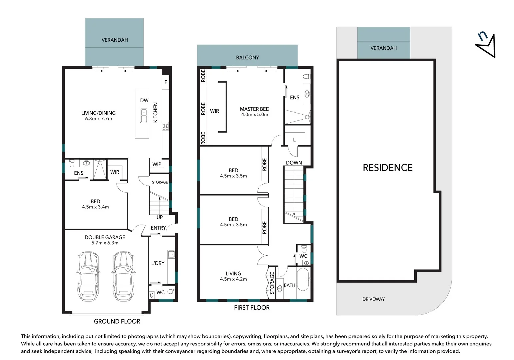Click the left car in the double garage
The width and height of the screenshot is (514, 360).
pos(88,276)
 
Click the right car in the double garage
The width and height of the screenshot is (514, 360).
pos(123,276)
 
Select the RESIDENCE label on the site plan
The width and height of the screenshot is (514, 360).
pos(387,168)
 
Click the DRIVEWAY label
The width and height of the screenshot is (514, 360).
pos(373,299)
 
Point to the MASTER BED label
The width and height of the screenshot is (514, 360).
pos(254,109)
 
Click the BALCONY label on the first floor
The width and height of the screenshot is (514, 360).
pos(247,58)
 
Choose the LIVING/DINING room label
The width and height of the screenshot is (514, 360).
pos(98,113)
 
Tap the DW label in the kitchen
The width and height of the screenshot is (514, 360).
pos(144,100)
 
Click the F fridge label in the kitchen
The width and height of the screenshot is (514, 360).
pos(166,82)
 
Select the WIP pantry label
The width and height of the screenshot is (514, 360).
pos(157,164)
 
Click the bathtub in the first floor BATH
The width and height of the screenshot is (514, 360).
pos(303,279)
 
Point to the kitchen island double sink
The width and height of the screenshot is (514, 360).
pos(144,116)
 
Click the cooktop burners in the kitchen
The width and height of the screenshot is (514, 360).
pos(165,126)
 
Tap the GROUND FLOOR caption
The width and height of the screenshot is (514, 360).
pos(117,321)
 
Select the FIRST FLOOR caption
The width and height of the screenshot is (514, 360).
pos(252,308)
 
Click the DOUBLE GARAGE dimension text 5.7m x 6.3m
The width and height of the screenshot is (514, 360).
pos(105,243)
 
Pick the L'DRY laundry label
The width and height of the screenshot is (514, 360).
pos(158,263)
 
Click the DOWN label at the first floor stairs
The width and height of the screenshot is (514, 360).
pos(294,163)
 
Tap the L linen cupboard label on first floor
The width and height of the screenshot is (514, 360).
pos(294,140)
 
